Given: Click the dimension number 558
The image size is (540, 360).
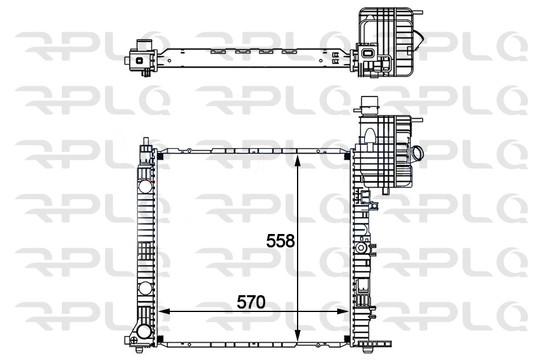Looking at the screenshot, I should click(281, 241).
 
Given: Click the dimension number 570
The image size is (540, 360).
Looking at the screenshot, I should click(250, 303).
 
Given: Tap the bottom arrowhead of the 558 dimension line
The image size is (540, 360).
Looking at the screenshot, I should click(298, 340).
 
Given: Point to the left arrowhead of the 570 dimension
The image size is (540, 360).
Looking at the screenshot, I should click(163, 311).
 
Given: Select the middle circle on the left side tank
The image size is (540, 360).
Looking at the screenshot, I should click(145, 288).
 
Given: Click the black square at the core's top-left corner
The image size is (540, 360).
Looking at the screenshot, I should click(160, 157).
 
